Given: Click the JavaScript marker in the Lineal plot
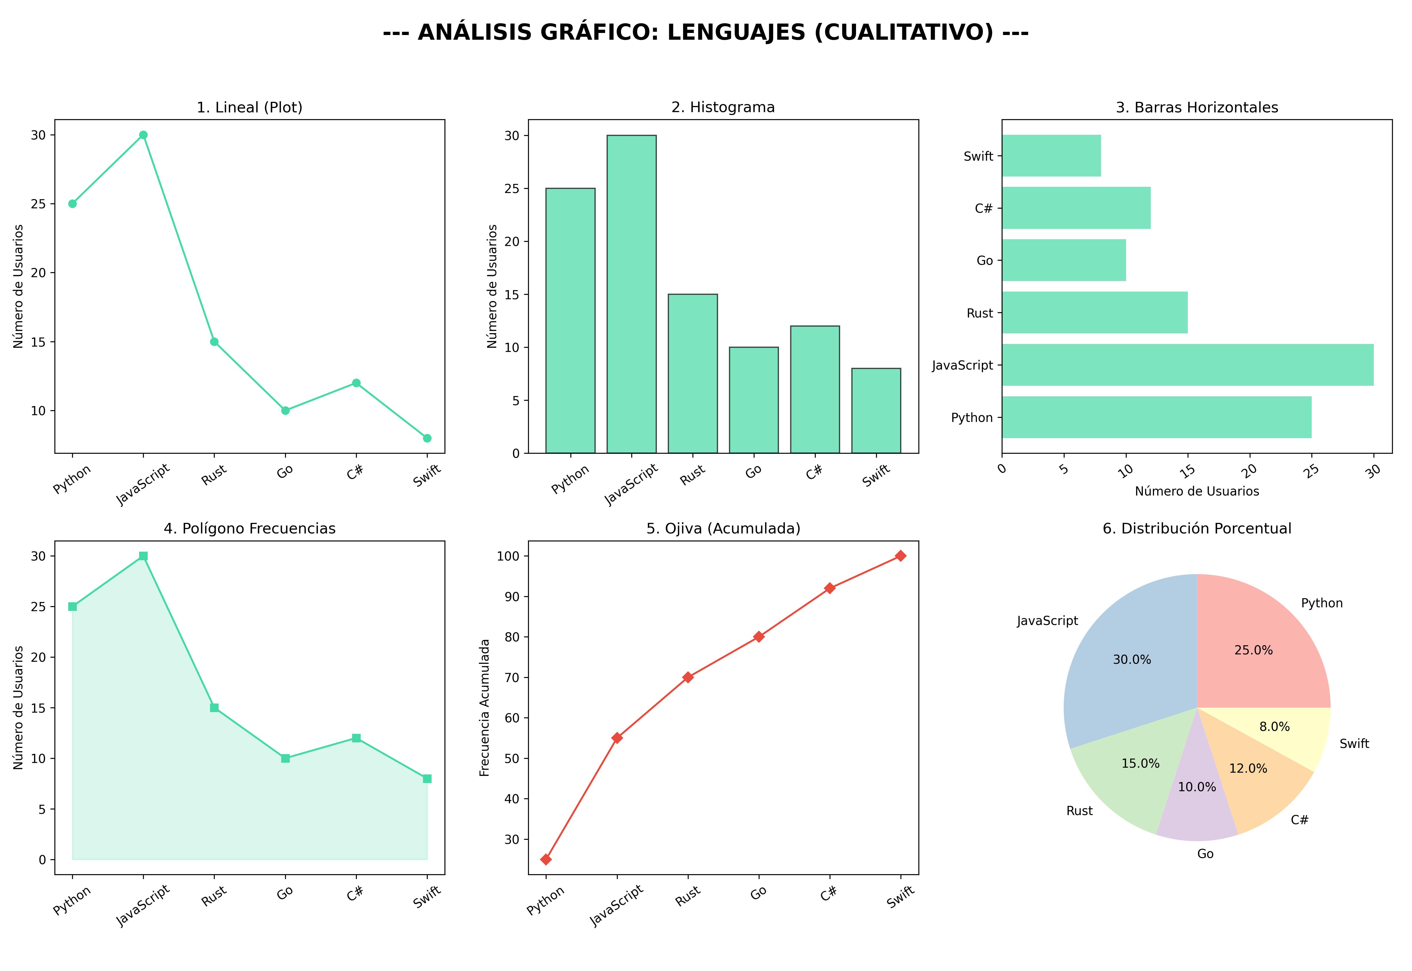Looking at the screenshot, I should [143, 135].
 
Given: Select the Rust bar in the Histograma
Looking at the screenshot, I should [693, 374].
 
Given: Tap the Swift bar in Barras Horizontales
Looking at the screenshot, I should [1051, 156].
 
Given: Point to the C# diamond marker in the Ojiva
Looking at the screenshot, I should [830, 588].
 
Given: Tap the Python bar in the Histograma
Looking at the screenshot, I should [570, 321].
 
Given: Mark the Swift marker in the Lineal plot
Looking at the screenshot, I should [427, 438].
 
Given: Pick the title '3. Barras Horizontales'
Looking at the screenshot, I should [1197, 108].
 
